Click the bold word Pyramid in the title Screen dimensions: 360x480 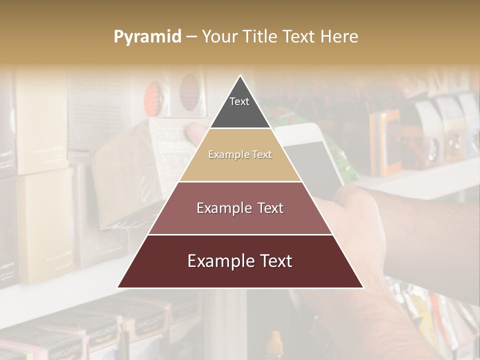coord(147,36)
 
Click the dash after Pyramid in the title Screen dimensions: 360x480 coord(191,37)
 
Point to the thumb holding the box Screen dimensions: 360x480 coord(195,132)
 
